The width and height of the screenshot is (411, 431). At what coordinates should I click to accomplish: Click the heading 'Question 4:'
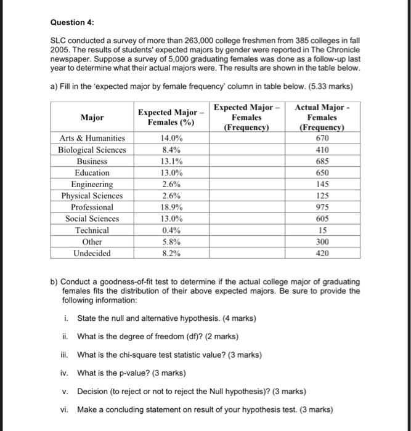point(72,22)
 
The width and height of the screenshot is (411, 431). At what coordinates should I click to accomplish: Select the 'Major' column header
point(91,117)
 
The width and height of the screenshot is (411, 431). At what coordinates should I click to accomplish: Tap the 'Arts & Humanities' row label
point(91,139)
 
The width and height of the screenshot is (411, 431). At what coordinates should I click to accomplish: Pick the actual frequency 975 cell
point(322,207)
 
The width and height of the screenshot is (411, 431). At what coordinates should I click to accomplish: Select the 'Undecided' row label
point(91,253)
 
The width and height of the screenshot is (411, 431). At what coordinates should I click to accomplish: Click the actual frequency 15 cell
point(322,230)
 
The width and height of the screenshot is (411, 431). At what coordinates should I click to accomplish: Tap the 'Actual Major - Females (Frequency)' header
point(322,118)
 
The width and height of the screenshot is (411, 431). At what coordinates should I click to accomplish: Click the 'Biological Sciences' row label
point(91,150)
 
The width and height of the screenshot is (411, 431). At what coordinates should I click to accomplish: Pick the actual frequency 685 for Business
point(322,161)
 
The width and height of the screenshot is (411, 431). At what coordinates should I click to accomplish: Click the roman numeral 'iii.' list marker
point(65,355)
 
